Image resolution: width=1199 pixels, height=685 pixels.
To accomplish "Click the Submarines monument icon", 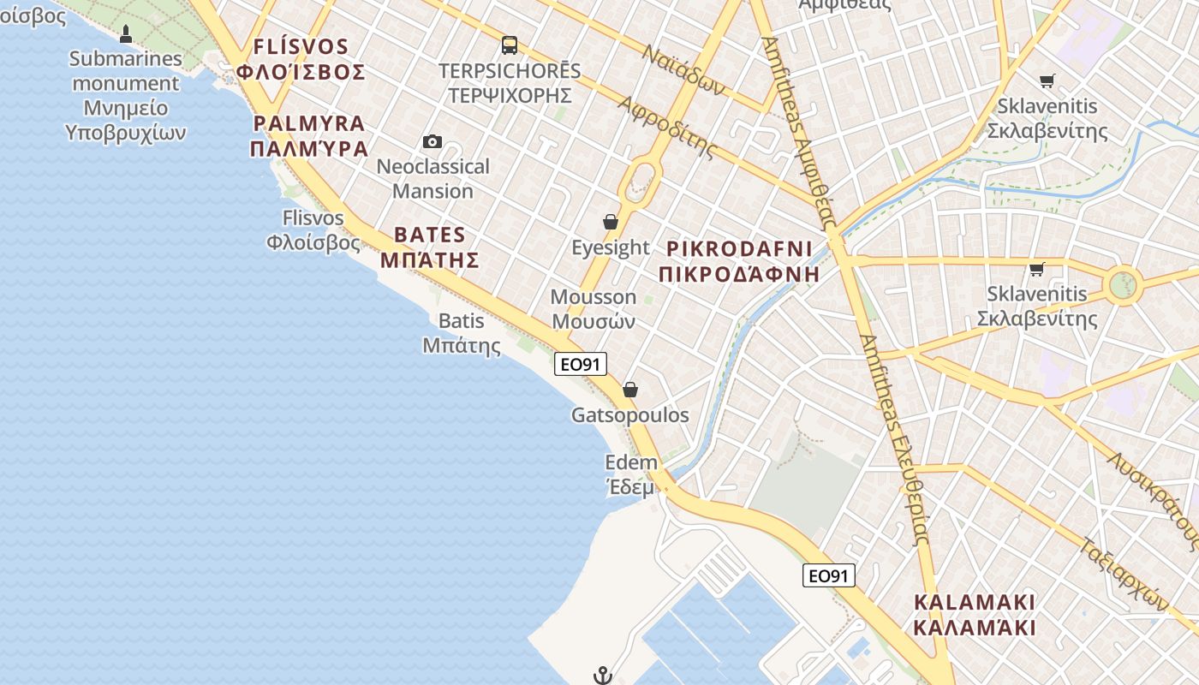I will click(x=126, y=34).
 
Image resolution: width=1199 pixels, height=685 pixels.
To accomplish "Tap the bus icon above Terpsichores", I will click(x=510, y=45).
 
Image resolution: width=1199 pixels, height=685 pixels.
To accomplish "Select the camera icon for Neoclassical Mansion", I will click(x=432, y=141).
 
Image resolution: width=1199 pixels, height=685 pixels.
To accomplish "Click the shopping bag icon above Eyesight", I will click(x=611, y=223).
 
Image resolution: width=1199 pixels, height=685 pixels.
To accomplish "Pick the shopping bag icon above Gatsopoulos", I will click(x=630, y=390).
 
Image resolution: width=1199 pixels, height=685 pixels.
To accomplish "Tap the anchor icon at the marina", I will click(x=603, y=676).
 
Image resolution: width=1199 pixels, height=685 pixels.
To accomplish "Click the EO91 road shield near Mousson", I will click(x=580, y=364).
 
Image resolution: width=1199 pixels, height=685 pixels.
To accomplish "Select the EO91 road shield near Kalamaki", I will click(x=828, y=575).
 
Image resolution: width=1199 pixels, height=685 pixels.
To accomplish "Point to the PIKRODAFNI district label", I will click(x=739, y=261).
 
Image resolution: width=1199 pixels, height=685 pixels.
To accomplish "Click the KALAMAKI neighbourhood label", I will click(x=975, y=614).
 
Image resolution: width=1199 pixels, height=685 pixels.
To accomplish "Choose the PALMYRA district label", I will click(x=309, y=135).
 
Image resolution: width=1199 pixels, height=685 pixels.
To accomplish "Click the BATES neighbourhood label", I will click(x=430, y=247).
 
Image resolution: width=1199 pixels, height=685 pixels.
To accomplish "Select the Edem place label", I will click(x=631, y=474).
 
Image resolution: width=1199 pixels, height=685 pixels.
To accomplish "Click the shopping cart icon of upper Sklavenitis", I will click(x=1047, y=81).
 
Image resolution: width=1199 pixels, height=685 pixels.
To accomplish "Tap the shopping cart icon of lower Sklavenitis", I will click(x=1037, y=270).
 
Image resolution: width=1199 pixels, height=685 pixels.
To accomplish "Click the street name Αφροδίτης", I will click(x=666, y=128).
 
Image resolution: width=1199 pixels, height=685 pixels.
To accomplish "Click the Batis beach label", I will click(x=462, y=333).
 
